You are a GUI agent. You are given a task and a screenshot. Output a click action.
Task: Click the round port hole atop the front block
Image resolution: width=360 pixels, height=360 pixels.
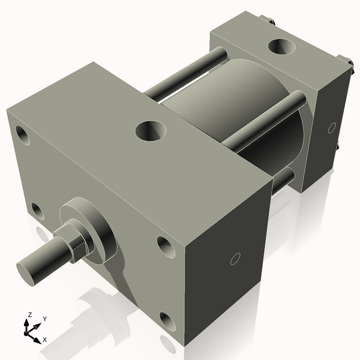point(150,130)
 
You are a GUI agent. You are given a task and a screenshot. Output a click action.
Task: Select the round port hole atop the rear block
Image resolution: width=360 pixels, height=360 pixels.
point(281,47)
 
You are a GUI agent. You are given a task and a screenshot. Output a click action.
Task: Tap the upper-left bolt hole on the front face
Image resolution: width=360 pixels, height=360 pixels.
point(23,135)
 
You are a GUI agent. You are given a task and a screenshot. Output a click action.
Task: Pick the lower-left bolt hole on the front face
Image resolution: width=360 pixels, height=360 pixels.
point(37,211)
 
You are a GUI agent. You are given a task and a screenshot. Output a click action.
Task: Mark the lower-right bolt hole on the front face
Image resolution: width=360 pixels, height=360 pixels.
point(167,322)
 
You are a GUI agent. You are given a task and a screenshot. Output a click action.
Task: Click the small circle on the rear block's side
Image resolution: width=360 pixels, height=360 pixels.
point(331,128)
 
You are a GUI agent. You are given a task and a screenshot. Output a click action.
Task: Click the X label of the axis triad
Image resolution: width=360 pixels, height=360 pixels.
point(44,340)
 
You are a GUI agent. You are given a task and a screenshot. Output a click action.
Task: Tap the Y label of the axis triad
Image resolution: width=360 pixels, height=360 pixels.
point(44,319)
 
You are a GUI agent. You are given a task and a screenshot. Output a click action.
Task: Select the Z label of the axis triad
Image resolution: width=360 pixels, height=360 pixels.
point(28,314)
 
